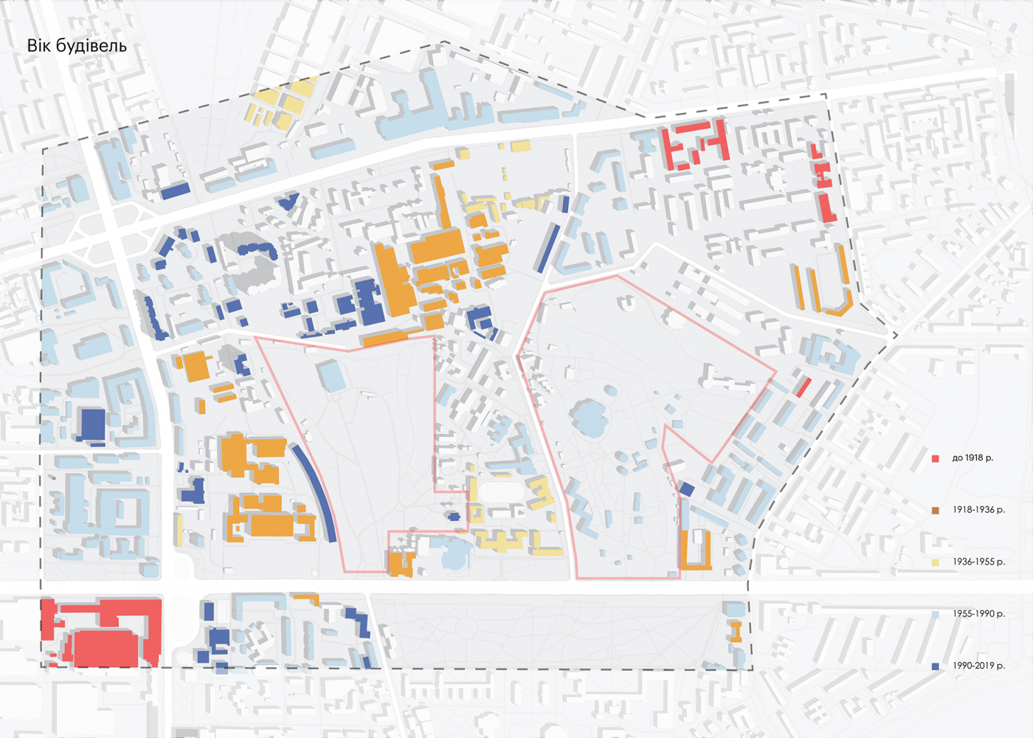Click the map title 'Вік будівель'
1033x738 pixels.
[x=77, y=46]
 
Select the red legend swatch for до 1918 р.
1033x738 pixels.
[x=936, y=458]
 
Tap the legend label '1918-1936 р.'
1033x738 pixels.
[x=978, y=510]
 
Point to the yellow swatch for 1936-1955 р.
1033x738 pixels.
[x=936, y=562]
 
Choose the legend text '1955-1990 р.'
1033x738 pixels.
[x=978, y=614]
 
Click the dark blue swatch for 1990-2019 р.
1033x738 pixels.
[x=936, y=666]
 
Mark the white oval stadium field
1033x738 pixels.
[x=502, y=491]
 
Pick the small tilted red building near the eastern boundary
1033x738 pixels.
[x=803, y=387]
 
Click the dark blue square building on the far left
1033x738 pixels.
[x=93, y=424]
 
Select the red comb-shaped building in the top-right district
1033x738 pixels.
[x=694, y=144]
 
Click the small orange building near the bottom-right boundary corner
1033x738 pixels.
[x=735, y=631]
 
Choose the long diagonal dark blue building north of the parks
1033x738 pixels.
[x=547, y=248]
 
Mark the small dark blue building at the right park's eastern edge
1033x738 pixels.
[x=686, y=489]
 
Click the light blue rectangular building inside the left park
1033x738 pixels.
[x=332, y=376]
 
